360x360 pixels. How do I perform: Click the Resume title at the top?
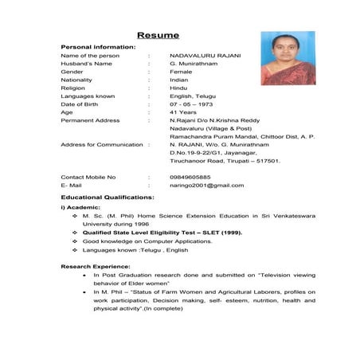click(x=158, y=35)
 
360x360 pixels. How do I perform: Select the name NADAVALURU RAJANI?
click(x=205, y=55)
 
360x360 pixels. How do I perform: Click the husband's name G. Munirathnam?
click(x=194, y=63)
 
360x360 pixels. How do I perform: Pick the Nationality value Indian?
click(x=180, y=80)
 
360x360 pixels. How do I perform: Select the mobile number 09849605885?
click(x=190, y=176)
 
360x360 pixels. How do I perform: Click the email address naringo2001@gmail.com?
click(x=206, y=185)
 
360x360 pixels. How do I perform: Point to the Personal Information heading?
click(x=98, y=47)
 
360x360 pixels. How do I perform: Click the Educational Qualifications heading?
click(x=108, y=196)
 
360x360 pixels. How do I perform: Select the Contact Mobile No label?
click(x=88, y=176)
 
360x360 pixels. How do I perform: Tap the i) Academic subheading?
click(x=80, y=206)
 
